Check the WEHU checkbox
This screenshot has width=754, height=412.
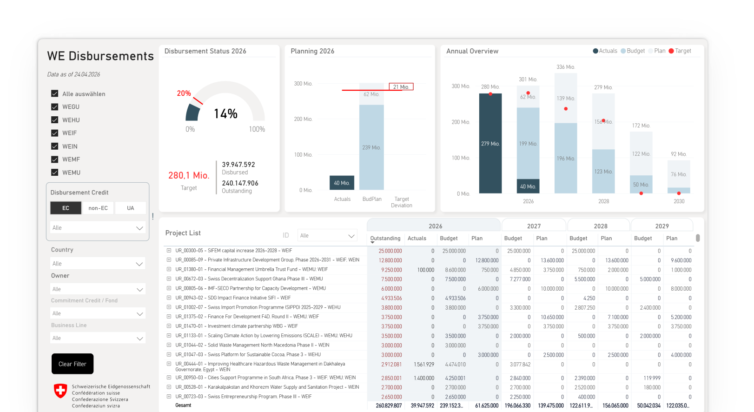click(54, 120)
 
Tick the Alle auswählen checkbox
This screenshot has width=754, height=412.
click(54, 93)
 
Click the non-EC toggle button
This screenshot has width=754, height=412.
click(98, 208)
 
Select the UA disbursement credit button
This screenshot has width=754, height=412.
click(130, 208)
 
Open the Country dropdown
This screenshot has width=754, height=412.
click(98, 264)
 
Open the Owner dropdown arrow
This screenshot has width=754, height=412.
click(139, 290)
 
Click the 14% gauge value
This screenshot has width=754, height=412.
click(225, 114)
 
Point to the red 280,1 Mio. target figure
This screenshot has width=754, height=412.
click(189, 175)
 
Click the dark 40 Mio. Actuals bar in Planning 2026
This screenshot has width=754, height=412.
click(342, 183)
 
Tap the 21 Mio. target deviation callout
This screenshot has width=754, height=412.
click(401, 87)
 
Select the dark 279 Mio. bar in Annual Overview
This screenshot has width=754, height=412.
click(490, 143)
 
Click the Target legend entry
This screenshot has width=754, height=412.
click(680, 51)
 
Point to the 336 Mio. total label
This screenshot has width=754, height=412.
click(565, 67)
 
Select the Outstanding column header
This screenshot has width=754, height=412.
click(385, 238)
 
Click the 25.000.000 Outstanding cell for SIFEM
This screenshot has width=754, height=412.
click(390, 251)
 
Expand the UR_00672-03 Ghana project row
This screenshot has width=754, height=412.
click(169, 279)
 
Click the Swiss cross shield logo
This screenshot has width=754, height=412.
click(60, 391)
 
